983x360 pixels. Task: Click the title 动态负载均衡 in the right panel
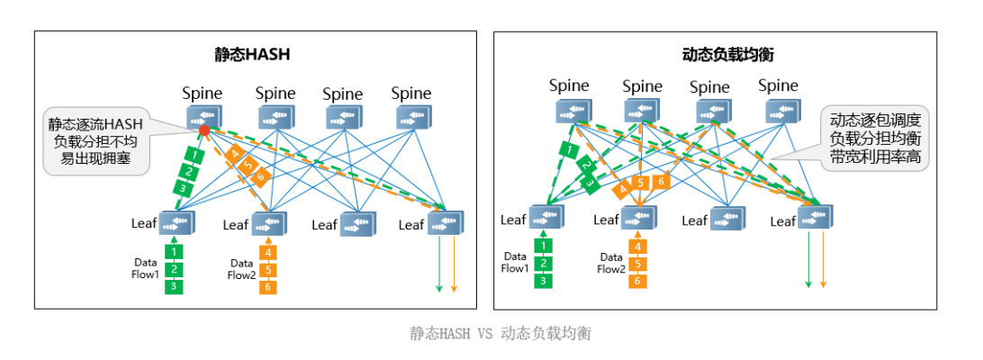click(729, 54)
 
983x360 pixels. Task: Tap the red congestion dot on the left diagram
click(204, 130)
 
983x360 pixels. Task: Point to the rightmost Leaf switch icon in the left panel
click(446, 222)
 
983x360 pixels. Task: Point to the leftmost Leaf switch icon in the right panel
click(546, 217)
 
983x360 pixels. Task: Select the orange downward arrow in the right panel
click(823, 259)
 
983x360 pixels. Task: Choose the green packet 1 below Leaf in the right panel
click(542, 245)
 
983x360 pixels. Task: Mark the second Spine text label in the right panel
click(643, 86)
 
